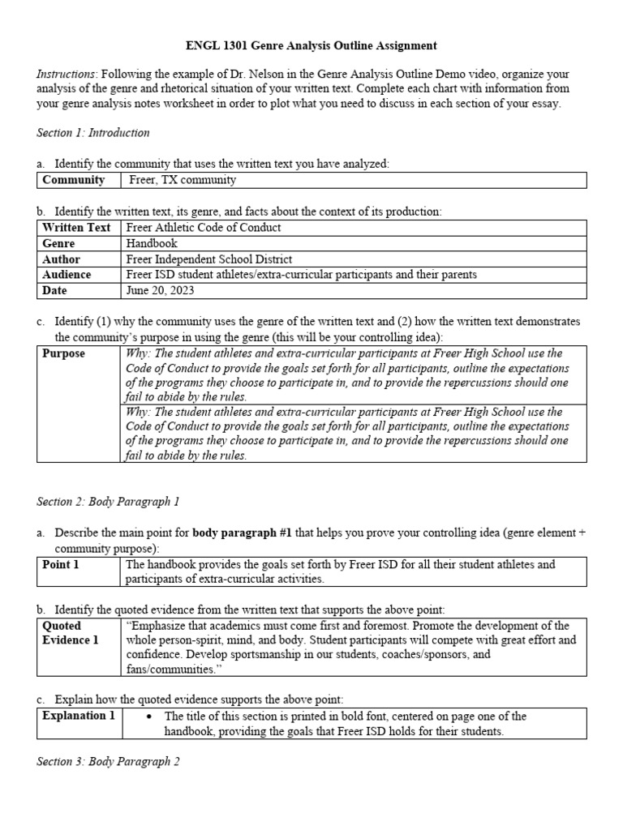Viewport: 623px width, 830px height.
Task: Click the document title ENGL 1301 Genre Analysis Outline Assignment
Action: pos(311,45)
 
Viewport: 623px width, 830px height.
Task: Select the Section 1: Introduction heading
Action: pos(93,132)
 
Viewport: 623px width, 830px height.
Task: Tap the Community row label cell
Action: pos(74,180)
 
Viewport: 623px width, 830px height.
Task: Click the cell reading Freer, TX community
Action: pos(181,180)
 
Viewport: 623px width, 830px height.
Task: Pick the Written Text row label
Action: pos(76,228)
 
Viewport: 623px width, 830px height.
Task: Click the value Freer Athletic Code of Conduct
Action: pos(204,228)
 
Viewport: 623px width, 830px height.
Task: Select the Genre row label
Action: pos(58,243)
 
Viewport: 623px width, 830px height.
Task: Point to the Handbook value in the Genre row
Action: pos(152,243)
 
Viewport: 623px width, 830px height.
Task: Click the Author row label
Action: pos(61,259)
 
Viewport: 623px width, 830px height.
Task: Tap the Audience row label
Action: pos(67,275)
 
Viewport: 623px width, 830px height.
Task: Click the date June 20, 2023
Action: pos(161,290)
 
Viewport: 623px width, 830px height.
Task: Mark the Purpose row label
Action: pos(63,354)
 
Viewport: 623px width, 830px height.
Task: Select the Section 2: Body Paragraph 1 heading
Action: pos(108,502)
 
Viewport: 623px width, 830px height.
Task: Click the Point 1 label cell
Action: pos(61,564)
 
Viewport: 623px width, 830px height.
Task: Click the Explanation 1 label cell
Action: pos(79,716)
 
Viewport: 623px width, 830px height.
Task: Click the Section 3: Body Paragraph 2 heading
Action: pos(108,761)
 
